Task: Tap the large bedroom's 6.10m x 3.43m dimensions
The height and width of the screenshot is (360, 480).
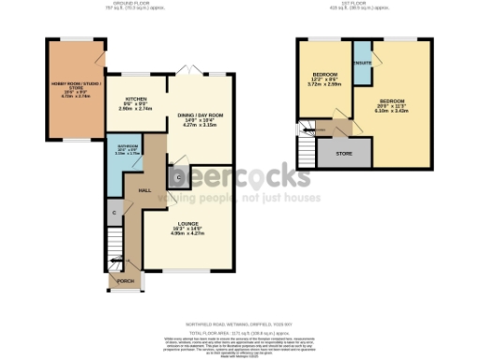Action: click(393, 110)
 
